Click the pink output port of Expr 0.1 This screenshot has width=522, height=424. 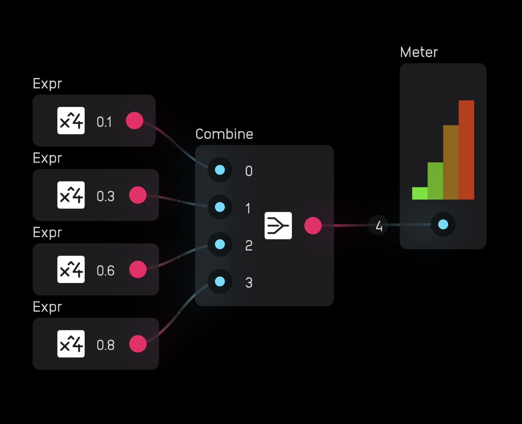134,121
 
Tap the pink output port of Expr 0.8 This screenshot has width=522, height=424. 138,344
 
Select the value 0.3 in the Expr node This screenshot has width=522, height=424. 105,196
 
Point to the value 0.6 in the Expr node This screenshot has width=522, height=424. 105,271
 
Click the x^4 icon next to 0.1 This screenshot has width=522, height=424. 71,121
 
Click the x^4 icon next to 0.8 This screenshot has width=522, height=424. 71,344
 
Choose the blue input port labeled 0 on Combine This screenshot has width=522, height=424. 220,170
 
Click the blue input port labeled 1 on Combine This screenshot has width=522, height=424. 220,207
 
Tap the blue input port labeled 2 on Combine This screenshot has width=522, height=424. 220,244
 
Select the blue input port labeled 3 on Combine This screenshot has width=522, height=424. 220,281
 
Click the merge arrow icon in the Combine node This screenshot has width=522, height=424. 278,226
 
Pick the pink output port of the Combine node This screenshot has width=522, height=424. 313,226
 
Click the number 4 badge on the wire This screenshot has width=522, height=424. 378,225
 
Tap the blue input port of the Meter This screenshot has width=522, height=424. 443,224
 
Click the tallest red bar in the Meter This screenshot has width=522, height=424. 466,150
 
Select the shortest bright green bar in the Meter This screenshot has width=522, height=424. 420,193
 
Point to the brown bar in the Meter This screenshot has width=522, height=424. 451,162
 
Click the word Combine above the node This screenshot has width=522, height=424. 224,134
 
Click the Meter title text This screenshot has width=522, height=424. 419,52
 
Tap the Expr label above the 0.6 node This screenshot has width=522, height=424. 47,233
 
